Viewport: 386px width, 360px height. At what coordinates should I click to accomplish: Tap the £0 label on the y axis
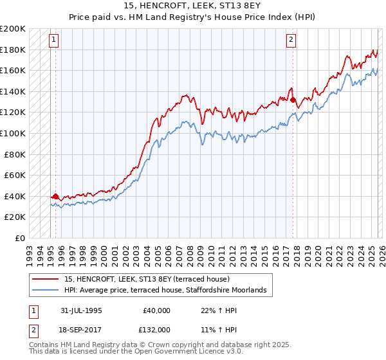pos(19,238)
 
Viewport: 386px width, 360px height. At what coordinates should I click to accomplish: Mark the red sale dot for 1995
pos(56,196)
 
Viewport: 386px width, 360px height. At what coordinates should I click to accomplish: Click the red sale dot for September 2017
pos(293,100)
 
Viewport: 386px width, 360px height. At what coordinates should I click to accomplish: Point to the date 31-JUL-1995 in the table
pos(81,310)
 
